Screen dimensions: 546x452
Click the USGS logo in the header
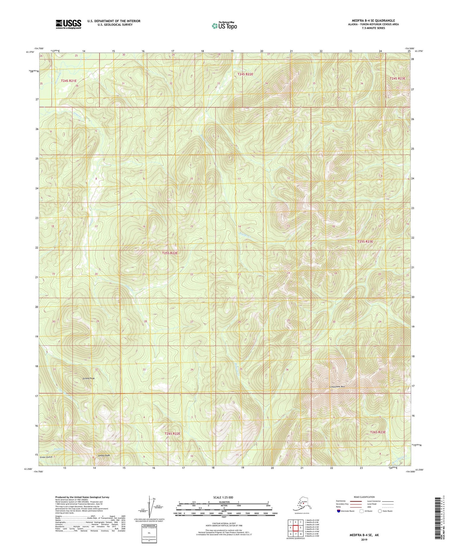(x=68, y=24)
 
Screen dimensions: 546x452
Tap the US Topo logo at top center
(x=224, y=26)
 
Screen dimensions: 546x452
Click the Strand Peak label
(x=88, y=378)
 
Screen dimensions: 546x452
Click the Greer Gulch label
(x=46, y=457)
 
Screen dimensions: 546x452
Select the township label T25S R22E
(x=170, y=253)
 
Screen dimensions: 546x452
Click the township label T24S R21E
(x=69, y=81)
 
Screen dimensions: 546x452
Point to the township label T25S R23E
(x=365, y=242)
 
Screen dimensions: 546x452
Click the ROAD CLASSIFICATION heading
(x=364, y=497)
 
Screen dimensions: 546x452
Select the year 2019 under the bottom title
(x=364, y=540)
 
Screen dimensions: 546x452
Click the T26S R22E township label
(x=172, y=434)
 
